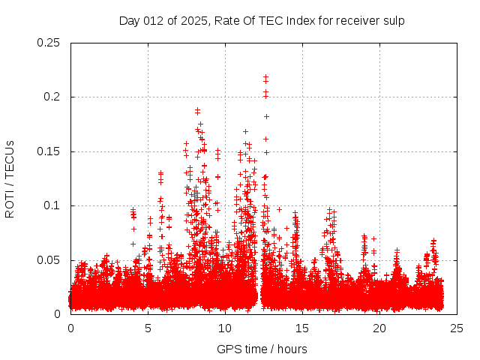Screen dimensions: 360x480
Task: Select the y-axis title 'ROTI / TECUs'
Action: pos(10,178)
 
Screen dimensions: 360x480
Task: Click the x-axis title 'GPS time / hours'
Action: pos(262,349)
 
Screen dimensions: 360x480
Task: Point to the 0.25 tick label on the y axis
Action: pos(49,43)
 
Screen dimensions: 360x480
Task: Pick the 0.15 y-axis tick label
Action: pos(49,151)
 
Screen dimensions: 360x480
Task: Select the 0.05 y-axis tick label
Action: pos(49,260)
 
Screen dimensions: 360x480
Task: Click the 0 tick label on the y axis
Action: pos(58,314)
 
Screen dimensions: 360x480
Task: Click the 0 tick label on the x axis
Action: pos(70,328)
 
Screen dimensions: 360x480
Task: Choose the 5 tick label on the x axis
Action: pos(148,328)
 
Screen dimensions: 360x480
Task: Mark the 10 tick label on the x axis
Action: pos(225,328)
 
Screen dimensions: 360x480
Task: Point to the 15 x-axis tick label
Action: pos(302,328)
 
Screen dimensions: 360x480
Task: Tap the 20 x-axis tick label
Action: pos(379,328)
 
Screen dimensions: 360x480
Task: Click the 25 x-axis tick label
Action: pos(457,328)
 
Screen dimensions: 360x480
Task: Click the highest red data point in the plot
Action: pos(265,76)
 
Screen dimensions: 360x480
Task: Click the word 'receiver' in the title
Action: pos(353,21)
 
